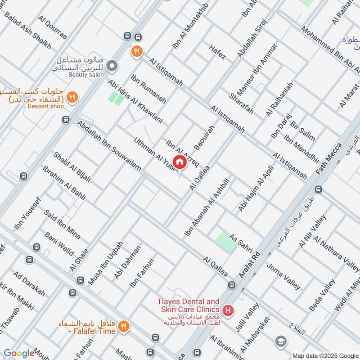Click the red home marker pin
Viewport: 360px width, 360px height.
[x=180, y=162]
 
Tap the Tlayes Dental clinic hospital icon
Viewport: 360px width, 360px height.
[x=228, y=310]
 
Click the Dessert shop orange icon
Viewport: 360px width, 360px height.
[x=72, y=97]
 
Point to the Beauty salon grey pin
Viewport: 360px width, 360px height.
[x=113, y=66]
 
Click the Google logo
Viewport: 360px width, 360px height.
[x=18, y=353]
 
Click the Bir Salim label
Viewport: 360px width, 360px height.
[x=302, y=131]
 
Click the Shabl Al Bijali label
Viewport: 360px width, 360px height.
[x=72, y=167]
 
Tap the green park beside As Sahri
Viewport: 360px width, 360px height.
[x=226, y=243]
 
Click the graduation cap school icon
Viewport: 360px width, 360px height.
[x=281, y=341]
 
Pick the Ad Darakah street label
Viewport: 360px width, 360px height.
[x=29, y=283]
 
